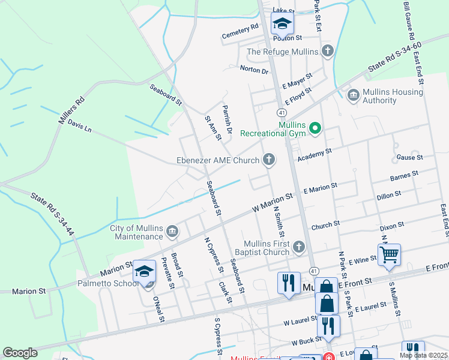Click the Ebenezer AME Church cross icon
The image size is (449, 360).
coord(270,160)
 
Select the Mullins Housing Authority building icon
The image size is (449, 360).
coord(354,94)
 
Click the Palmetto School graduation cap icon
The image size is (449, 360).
coord(144,271)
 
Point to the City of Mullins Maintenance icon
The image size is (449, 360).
coord(172,232)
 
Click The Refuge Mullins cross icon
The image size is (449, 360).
coord(327,51)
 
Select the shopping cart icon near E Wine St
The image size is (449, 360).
coord(389,254)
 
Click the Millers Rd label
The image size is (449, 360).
coord(71,111)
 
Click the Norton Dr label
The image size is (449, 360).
coord(254,70)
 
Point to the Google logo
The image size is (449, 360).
coord(20,353)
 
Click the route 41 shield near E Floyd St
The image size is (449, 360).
coord(281,112)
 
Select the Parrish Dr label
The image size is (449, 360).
coord(228,117)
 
